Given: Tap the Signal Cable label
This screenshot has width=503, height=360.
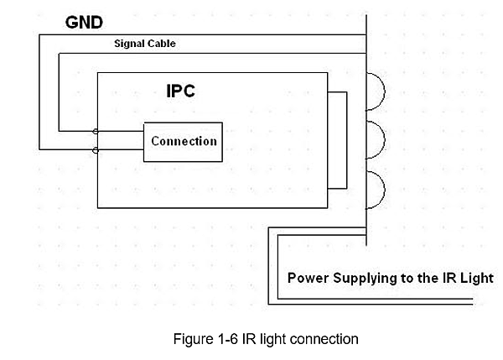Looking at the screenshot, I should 145,44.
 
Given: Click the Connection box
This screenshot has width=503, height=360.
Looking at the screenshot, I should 184,141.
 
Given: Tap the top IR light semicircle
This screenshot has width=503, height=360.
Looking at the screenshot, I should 378,91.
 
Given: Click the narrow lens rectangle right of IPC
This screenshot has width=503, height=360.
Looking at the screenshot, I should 337,141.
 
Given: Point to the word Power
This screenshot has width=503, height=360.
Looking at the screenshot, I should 307,278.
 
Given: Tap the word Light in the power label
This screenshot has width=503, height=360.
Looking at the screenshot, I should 477,278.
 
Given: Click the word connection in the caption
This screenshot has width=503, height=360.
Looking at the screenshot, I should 327,340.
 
